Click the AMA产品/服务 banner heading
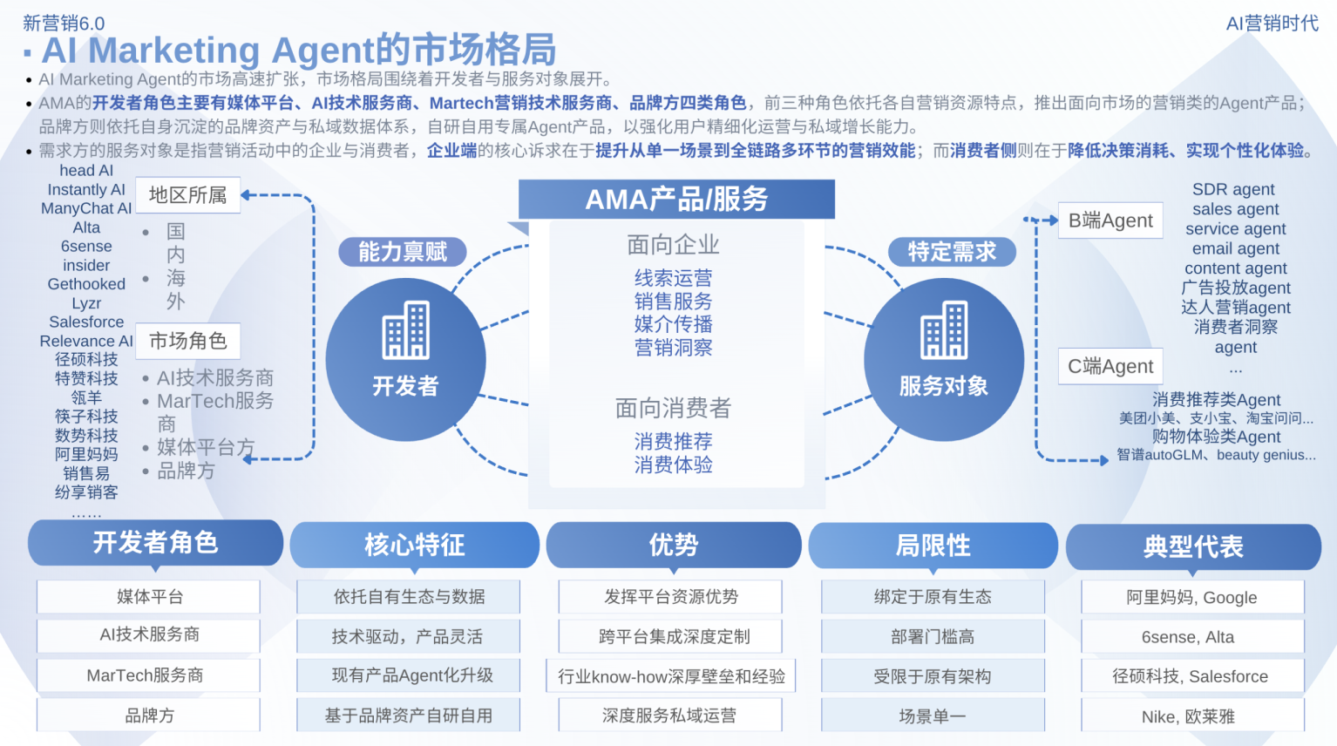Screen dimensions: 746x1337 pyautogui.click(x=676, y=200)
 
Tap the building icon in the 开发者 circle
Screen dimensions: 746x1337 pyautogui.click(x=406, y=330)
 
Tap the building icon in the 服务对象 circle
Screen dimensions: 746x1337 pyautogui.click(x=944, y=330)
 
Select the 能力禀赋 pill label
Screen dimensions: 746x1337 pyautogui.click(x=403, y=252)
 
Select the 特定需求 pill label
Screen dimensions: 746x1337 pyautogui.click(x=952, y=252)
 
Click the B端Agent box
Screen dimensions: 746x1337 pyautogui.click(x=1110, y=221)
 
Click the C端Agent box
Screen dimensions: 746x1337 pyautogui.click(x=1110, y=367)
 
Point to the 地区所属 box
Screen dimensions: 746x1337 pyautogui.click(x=187, y=195)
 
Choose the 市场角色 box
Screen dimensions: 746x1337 pyautogui.click(x=187, y=341)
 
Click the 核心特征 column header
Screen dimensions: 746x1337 pyautogui.click(x=414, y=546)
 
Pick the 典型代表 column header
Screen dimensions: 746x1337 pyautogui.click(x=1193, y=547)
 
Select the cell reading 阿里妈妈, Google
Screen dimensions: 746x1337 pyautogui.click(x=1191, y=598)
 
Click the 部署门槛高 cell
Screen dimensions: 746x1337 pyautogui.click(x=933, y=637)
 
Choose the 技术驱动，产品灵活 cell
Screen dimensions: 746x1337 pyautogui.click(x=407, y=637)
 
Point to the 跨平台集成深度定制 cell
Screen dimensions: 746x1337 pyautogui.click(x=674, y=637)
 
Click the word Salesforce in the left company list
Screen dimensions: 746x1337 pyautogui.click(x=86, y=322)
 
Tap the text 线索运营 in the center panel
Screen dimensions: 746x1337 pyautogui.click(x=673, y=278)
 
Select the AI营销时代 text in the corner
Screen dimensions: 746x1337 pyautogui.click(x=1272, y=24)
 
